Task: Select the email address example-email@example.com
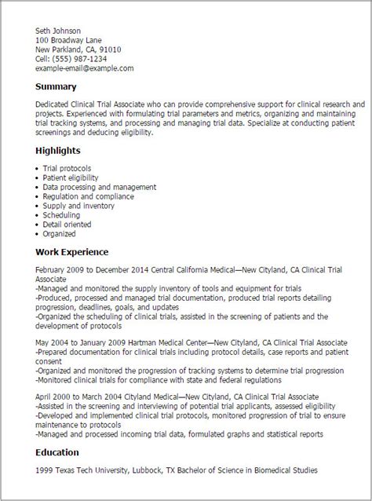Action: (x=85, y=68)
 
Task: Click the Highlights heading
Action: (x=58, y=149)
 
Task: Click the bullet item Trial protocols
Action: (x=67, y=168)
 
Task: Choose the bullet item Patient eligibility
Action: (x=71, y=177)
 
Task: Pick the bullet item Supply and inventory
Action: (x=78, y=205)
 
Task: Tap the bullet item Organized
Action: (x=60, y=233)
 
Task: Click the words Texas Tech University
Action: (x=87, y=470)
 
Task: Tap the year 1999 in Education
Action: (x=44, y=470)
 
